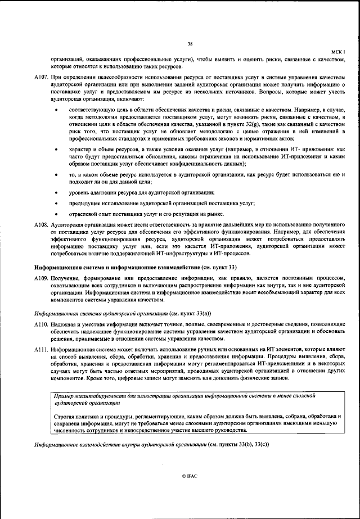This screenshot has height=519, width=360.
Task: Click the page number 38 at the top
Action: (191, 44)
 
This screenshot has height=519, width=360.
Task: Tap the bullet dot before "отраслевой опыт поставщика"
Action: (56, 214)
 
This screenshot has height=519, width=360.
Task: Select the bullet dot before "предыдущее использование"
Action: (56, 203)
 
